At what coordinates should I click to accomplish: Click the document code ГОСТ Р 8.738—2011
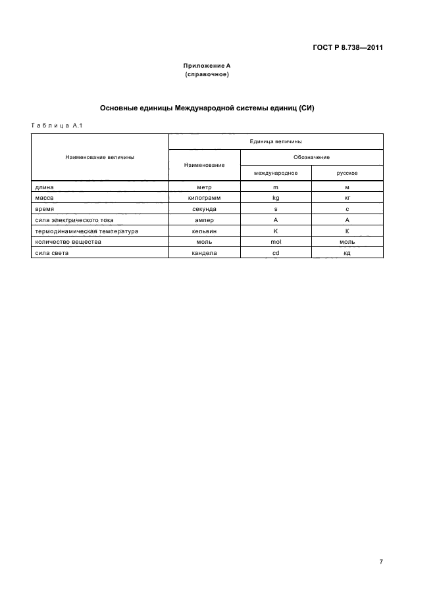click(x=347, y=47)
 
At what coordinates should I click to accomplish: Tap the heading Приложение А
click(x=207, y=66)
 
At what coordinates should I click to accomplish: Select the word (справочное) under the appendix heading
click(x=207, y=74)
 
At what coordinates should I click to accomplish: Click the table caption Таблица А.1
click(x=55, y=125)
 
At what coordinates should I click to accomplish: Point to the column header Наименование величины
click(x=100, y=158)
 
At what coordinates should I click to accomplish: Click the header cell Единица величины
click(x=276, y=141)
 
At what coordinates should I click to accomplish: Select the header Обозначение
click(x=311, y=157)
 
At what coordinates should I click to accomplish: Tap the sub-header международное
click(x=276, y=173)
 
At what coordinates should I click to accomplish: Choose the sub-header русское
click(x=347, y=173)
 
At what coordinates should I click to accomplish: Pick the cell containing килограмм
click(x=204, y=197)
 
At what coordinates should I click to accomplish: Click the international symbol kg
click(x=276, y=197)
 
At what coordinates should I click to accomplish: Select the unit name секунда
click(x=204, y=208)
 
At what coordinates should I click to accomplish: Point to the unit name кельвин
click(x=204, y=231)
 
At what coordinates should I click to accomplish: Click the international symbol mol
click(x=276, y=242)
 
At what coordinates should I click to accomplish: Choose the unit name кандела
click(x=204, y=253)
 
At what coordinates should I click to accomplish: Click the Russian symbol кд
click(x=347, y=253)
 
